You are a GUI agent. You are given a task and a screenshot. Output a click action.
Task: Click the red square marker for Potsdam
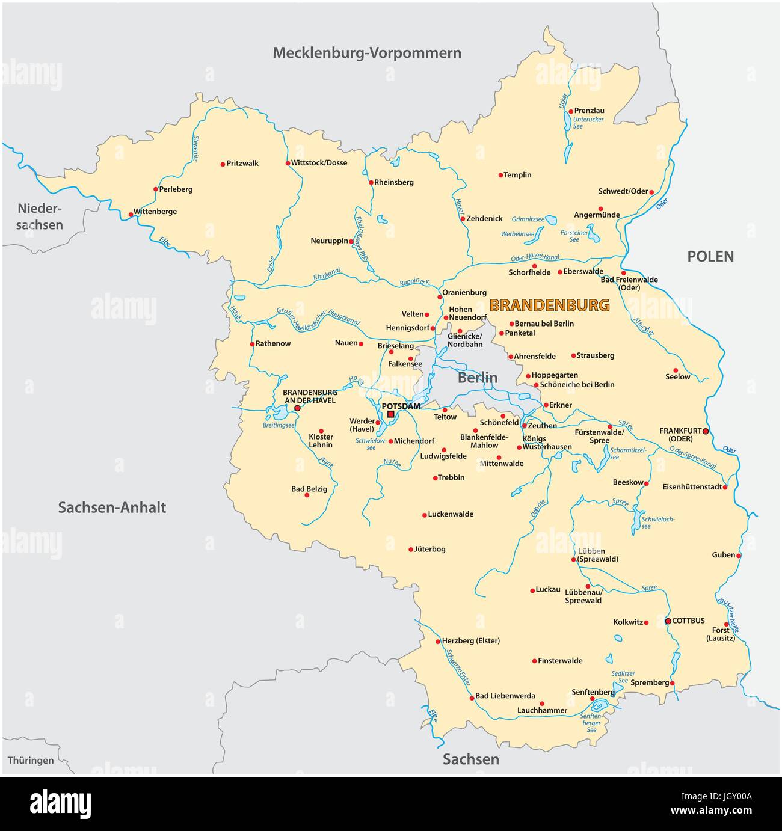tap(390, 414)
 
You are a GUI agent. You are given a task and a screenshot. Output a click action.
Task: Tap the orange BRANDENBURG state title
tap(549, 305)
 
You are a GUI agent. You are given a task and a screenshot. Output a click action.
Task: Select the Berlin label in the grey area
tap(478, 378)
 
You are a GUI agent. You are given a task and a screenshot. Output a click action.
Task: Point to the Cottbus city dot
tap(668, 621)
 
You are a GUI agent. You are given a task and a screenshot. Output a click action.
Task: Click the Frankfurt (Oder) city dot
tap(706, 431)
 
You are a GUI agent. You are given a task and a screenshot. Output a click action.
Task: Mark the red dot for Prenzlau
tap(570, 111)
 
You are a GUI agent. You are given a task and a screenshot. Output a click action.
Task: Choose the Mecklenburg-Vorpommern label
tap(367, 53)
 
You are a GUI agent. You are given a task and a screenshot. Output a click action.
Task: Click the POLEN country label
tap(710, 257)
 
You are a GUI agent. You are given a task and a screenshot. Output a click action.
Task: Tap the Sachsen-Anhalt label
tap(112, 507)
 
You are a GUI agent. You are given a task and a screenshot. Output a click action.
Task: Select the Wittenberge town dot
tap(131, 214)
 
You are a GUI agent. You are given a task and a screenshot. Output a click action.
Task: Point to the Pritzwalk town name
tap(242, 164)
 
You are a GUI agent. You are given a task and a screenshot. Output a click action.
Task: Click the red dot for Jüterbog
tap(411, 550)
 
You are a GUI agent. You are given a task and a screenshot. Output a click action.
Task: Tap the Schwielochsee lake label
tap(658, 523)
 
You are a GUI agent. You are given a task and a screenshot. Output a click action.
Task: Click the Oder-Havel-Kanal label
tap(534, 259)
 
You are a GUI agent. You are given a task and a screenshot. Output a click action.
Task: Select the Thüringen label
tap(31, 761)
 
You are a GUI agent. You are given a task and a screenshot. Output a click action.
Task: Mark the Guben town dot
tap(739, 556)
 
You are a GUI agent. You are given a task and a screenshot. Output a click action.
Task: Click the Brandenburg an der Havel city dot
tap(297, 408)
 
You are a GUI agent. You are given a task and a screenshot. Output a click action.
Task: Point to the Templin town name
tap(517, 176)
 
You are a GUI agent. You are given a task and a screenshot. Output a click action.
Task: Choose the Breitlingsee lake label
tap(279, 425)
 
